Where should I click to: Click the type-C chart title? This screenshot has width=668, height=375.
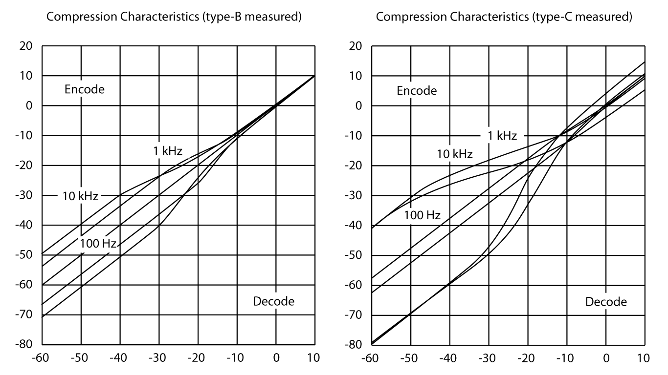[x=504, y=18]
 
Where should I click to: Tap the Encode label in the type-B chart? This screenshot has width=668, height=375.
[x=85, y=89]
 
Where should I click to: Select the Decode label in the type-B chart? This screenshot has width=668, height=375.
[x=273, y=301]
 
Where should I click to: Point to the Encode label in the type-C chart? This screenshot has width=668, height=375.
[x=416, y=91]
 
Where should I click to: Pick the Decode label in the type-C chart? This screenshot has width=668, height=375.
[x=606, y=302]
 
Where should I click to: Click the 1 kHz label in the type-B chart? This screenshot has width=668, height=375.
[x=167, y=151]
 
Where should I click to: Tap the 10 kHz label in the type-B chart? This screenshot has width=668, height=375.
[x=80, y=197]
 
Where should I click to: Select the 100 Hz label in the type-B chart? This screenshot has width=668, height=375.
[x=98, y=243]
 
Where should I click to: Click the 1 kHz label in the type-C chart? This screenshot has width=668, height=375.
[x=502, y=136]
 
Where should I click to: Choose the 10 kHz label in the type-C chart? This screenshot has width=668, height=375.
[x=454, y=154]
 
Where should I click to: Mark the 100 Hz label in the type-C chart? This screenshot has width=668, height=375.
[x=422, y=215]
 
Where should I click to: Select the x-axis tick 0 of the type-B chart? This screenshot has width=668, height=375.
[x=276, y=358]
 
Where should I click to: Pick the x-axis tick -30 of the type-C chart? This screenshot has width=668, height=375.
[x=488, y=358]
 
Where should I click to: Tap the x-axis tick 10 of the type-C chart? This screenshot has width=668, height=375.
[x=645, y=358]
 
